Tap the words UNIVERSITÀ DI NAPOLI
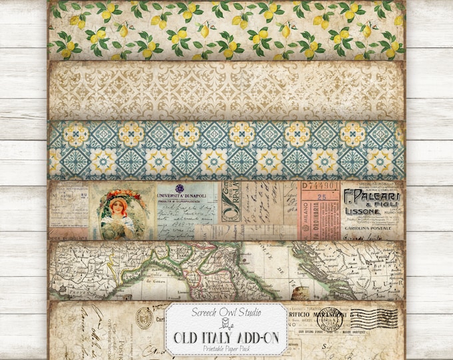182,195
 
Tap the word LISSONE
363,211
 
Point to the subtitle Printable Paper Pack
226,346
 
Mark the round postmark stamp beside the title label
331,319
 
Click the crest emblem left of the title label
144,319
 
